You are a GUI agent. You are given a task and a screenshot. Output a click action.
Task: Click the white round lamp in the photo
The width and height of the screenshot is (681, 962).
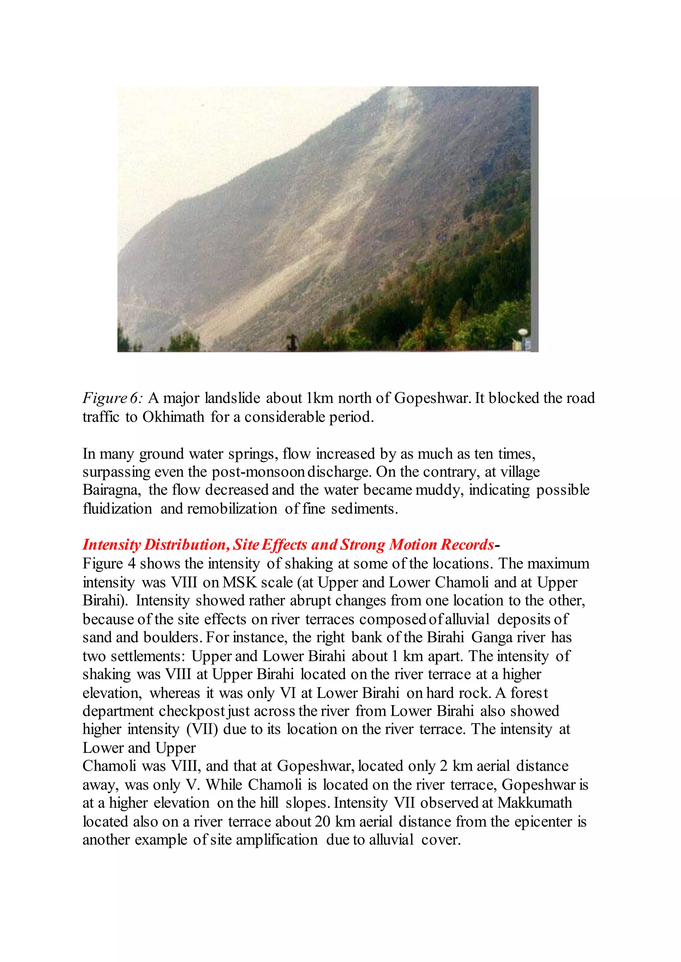tap(523, 332)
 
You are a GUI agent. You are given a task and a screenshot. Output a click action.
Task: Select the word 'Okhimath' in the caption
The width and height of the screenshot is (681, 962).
tap(173, 417)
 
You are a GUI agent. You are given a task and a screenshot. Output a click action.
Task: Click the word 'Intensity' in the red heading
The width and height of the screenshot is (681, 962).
tap(111, 545)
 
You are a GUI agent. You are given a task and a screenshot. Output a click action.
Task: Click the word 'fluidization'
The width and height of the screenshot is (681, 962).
tap(117, 508)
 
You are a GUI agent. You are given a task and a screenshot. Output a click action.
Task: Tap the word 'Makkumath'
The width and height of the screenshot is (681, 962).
tap(535, 802)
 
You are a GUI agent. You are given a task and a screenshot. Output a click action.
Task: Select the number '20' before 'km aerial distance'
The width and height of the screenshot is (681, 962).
tap(323, 821)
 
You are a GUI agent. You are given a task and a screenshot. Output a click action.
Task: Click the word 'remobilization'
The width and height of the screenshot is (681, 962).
tap(232, 508)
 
